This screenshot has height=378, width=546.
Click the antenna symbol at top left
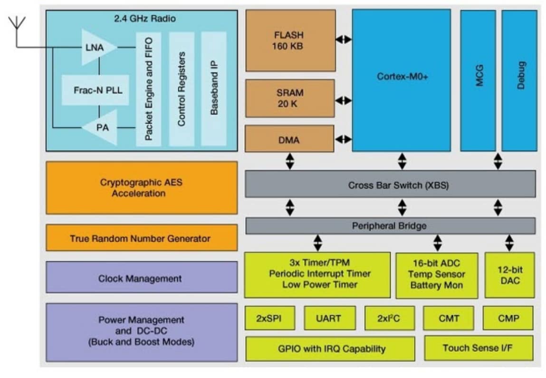pyautogui.click(x=17, y=24)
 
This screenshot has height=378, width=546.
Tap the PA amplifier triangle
pyautogui.click(x=101, y=127)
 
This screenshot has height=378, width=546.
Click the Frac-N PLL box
pyautogui.click(x=95, y=90)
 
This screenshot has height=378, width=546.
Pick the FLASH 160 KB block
pyautogui.click(x=290, y=40)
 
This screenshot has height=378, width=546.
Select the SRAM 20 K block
pyautogui.click(x=289, y=98)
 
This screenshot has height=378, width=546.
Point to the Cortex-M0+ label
pyautogui.click(x=402, y=76)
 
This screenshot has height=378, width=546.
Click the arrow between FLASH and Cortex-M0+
pyautogui.click(x=344, y=39)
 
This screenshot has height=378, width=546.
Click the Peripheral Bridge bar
pyautogui.click(x=390, y=226)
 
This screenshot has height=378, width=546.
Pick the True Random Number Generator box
pyautogui.click(x=141, y=238)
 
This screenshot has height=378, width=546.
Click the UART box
pyautogui.click(x=328, y=318)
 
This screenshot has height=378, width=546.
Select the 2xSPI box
pyautogui.click(x=269, y=318)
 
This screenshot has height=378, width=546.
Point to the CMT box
pyautogui.click(x=448, y=318)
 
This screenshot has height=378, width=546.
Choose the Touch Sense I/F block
pyautogui.click(x=478, y=348)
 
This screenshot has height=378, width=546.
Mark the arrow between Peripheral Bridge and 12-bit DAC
pyautogui.click(x=509, y=243)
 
